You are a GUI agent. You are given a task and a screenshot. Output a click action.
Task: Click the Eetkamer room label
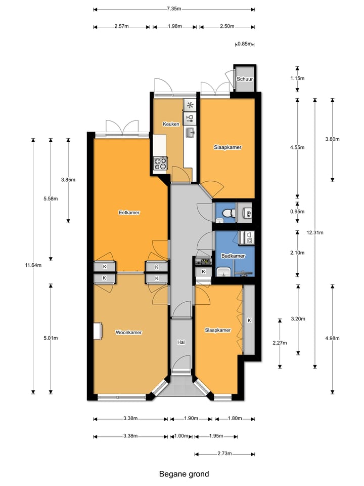pyautogui.click(x=129, y=213)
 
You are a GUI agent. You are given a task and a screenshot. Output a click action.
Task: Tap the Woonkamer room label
pyautogui.click(x=128, y=333)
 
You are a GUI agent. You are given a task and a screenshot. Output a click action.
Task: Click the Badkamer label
pyautogui.click(x=233, y=256)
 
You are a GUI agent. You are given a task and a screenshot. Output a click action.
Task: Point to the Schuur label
pyautogui.click(x=245, y=79)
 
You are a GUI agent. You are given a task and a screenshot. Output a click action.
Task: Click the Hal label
pyautogui.click(x=180, y=343)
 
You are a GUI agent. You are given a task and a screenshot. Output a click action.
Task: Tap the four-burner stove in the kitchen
pyautogui.click(x=161, y=164)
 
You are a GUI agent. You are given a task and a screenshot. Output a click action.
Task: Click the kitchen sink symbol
pyautogui.click(x=190, y=133)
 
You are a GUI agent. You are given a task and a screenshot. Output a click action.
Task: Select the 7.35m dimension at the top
pyautogui.click(x=174, y=9)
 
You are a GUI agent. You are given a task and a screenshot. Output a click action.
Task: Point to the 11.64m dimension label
pyautogui.click(x=33, y=265)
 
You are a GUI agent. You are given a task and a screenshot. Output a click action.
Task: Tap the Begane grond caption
pyautogui.click(x=184, y=474)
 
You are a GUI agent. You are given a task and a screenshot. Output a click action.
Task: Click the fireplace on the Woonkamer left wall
pyautogui.click(x=97, y=331)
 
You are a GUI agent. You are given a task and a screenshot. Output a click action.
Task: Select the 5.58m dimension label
pyautogui.click(x=51, y=198)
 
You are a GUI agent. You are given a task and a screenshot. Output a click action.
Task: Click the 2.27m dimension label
pyautogui.click(x=280, y=343)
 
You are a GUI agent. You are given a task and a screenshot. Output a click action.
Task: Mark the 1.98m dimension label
pyautogui.click(x=175, y=27)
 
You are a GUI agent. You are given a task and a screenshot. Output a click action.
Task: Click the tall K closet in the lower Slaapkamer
pyautogui.click(x=249, y=320)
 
